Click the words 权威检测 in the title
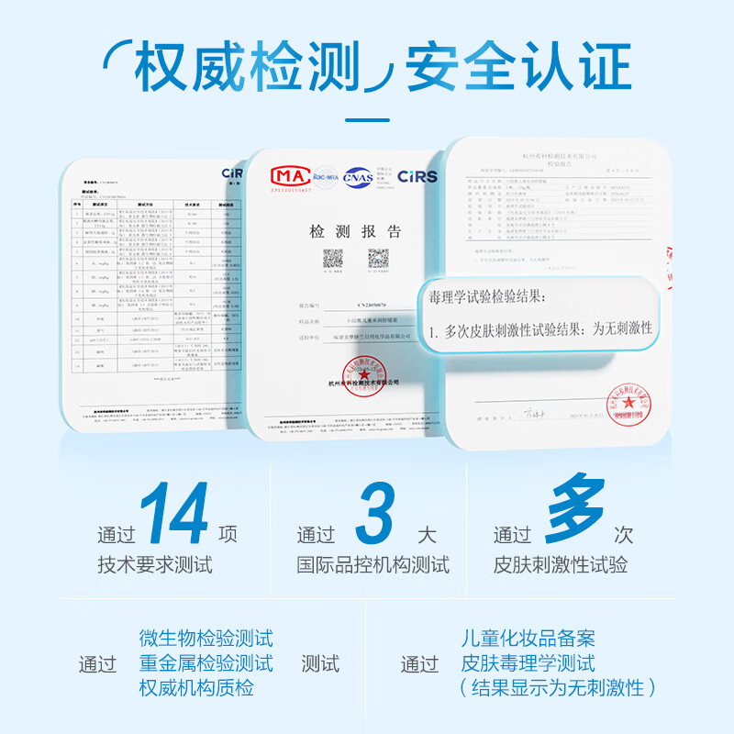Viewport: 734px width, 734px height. pyautogui.click(x=246, y=66)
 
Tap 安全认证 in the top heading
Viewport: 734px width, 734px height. pyautogui.click(x=518, y=66)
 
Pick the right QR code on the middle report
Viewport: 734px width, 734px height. pyautogui.click(x=378, y=259)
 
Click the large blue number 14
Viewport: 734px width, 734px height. pyautogui.click(x=174, y=516)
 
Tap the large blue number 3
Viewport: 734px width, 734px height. pyautogui.click(x=374, y=516)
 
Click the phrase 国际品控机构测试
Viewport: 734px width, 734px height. pyautogui.click(x=373, y=565)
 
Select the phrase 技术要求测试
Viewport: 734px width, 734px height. pyautogui.click(x=155, y=565)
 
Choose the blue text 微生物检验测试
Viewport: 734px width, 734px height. pyautogui.click(x=206, y=639)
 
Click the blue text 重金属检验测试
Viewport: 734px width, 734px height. pyautogui.click(x=206, y=662)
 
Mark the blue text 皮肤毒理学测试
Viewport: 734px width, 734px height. pyautogui.click(x=528, y=662)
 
